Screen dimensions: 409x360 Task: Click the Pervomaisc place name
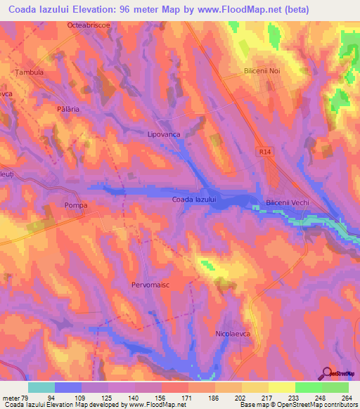coord(151,285)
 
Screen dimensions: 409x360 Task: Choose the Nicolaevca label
coord(233,335)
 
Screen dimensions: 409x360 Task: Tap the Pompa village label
coord(75,205)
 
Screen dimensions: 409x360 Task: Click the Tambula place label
coord(30,72)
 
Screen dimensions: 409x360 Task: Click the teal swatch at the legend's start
coord(41,387)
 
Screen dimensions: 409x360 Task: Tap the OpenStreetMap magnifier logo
coord(326,372)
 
